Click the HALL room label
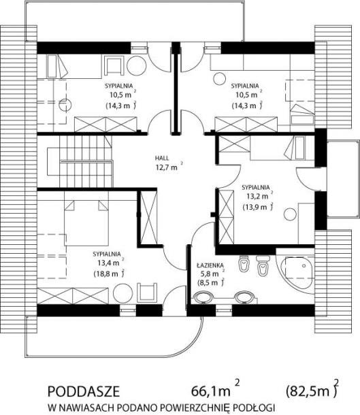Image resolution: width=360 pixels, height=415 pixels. (162, 159)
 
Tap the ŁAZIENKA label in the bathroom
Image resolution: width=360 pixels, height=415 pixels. (210, 265)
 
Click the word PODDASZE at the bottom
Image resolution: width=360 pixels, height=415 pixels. (84, 391)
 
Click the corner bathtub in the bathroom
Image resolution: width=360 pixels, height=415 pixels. (297, 272)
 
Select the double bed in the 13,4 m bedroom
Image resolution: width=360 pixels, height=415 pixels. (86, 222)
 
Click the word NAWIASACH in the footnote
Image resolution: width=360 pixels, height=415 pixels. (85, 407)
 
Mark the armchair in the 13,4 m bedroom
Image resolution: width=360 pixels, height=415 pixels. (147, 293)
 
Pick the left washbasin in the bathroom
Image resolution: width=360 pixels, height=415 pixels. (203, 297)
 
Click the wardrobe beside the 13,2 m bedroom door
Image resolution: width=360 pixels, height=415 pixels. (227, 217)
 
